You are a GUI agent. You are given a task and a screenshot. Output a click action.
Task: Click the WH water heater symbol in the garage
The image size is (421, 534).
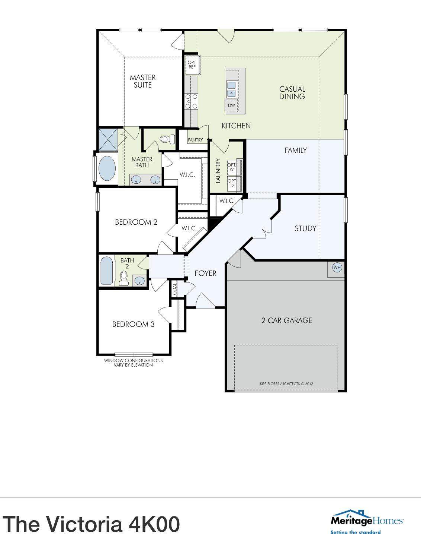click(x=337, y=268)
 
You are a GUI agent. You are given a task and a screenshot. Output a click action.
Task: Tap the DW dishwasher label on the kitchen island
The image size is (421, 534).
click(x=231, y=105)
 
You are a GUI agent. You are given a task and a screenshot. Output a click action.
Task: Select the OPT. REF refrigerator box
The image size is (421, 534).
click(x=192, y=65)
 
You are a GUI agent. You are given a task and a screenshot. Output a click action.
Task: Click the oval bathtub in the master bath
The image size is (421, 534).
click(x=107, y=168)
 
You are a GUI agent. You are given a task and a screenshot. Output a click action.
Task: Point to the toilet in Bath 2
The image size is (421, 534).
click(x=123, y=278)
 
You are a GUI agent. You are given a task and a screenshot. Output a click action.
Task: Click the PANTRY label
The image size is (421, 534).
click(x=195, y=140)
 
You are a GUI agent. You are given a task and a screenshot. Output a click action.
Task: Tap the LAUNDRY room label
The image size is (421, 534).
click(x=218, y=171)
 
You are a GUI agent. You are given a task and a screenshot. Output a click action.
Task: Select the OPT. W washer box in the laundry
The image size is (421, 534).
click(x=232, y=167)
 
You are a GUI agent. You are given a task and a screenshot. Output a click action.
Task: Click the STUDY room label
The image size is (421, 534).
click(x=305, y=228)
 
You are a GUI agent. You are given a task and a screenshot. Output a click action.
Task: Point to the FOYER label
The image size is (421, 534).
click(x=205, y=274)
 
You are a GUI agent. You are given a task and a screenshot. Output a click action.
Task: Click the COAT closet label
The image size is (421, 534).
click(x=175, y=289)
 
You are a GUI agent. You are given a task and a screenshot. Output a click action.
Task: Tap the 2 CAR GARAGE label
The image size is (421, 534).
click(x=286, y=320)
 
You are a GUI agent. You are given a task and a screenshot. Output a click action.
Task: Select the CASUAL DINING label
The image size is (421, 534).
click(x=292, y=93)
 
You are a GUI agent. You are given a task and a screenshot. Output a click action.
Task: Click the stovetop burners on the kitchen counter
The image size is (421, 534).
click(x=192, y=101)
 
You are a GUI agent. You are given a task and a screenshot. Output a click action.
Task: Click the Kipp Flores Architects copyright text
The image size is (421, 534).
click(x=286, y=383)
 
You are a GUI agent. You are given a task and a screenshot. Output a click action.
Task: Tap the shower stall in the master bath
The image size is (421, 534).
click(x=108, y=139)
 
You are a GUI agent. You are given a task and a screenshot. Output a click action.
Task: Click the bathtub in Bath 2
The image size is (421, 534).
click(x=106, y=271)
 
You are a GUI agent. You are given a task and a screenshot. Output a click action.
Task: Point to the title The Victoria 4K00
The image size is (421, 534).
click(x=91, y=523)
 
